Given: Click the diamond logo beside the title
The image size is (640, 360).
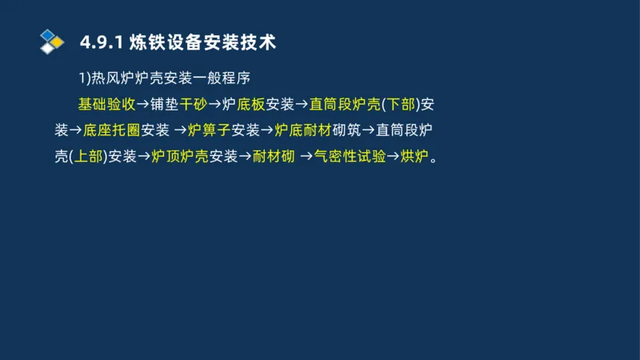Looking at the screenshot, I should (x=52, y=41).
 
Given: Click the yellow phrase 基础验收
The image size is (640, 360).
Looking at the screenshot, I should (x=106, y=104).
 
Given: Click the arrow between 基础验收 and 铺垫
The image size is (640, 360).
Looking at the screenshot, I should (x=142, y=104).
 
